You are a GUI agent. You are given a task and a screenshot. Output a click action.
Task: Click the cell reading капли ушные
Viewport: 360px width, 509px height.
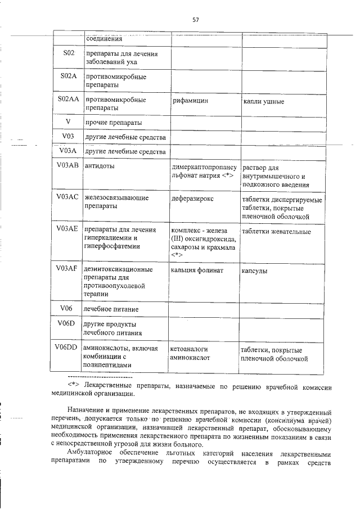coord(263,102)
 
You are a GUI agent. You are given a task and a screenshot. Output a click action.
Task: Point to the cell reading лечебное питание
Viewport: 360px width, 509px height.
coord(111,309)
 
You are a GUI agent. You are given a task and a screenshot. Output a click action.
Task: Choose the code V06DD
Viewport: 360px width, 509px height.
coord(66,346)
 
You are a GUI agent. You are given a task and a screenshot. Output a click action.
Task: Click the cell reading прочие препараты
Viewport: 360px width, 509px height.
coord(112,123)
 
